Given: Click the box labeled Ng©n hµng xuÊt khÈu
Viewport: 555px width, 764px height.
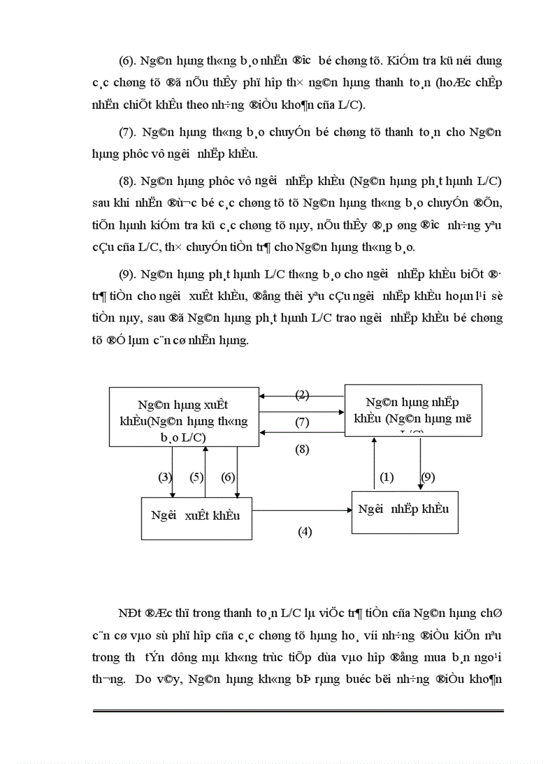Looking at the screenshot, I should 184,417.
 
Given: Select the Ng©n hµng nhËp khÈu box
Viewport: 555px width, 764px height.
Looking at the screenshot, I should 413,410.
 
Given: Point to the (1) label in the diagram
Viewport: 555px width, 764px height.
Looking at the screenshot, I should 386,477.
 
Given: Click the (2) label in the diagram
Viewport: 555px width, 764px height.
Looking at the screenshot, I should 302,395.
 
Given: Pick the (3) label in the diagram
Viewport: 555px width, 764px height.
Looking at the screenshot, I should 165,477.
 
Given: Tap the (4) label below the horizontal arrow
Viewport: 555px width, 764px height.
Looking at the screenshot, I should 305,531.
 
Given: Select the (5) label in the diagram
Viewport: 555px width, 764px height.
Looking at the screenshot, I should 197,477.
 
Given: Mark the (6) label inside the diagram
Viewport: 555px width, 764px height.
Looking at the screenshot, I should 228,477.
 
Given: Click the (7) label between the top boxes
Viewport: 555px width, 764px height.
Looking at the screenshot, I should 302,422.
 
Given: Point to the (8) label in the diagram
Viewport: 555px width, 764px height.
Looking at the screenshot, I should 302,450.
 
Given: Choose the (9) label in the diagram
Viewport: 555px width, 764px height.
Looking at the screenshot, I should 428,477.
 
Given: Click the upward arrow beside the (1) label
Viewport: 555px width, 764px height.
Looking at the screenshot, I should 373,463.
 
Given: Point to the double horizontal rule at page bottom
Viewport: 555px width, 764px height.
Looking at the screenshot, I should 298,711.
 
